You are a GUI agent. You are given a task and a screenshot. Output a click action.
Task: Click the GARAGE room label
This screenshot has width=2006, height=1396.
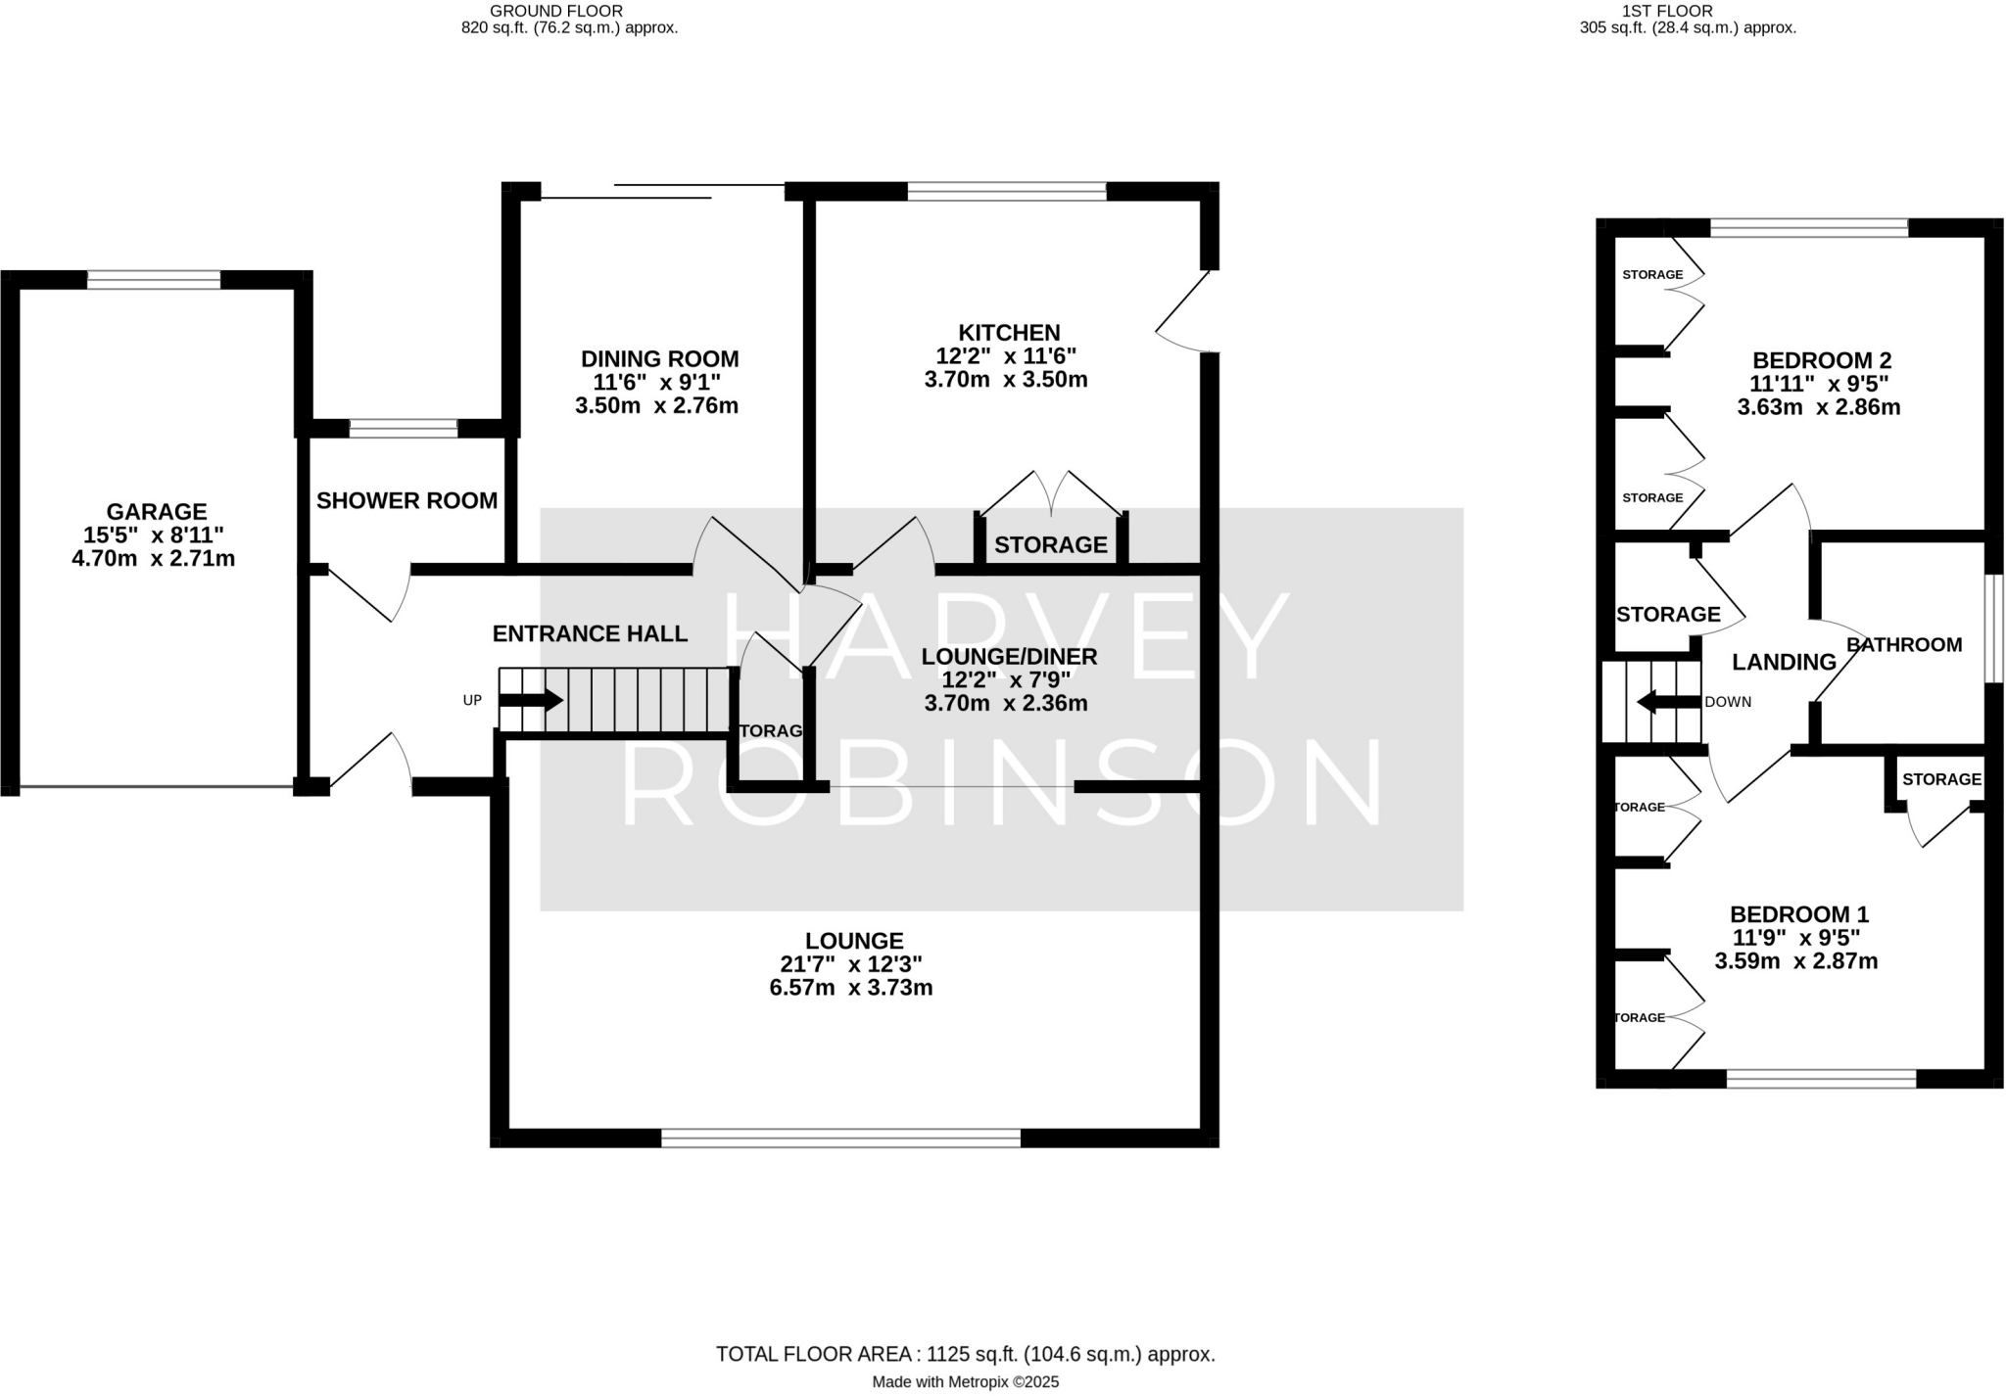click(x=157, y=511)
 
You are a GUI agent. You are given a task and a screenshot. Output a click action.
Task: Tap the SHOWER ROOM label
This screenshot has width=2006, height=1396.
click(x=406, y=501)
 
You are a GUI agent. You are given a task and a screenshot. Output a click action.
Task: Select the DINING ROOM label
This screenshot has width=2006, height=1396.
click(x=659, y=359)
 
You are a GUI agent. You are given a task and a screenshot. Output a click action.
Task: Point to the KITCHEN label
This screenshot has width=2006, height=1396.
click(x=1009, y=333)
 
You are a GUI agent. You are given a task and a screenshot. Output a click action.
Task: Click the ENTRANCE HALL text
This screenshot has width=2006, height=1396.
click(x=590, y=633)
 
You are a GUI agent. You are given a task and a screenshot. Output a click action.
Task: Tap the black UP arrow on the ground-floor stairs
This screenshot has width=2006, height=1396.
click(x=531, y=700)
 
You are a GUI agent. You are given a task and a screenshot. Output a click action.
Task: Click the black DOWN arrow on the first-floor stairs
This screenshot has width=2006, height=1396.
click(x=1668, y=701)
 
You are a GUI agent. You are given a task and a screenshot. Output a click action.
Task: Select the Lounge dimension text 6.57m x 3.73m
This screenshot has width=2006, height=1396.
click(x=850, y=988)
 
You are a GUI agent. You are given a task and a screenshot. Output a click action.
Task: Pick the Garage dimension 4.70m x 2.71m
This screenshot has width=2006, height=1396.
click(x=154, y=559)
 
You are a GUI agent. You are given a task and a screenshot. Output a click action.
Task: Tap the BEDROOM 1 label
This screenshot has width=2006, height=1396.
click(x=1799, y=914)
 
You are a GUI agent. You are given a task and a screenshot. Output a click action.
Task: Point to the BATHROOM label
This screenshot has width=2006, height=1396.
click(x=1903, y=644)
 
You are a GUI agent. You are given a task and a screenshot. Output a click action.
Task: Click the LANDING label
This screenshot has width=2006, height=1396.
click(x=1784, y=663)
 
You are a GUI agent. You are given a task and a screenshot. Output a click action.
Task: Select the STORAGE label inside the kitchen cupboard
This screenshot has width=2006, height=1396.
click(x=1050, y=544)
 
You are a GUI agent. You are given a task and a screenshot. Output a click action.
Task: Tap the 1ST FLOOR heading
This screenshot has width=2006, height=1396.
click(x=1687, y=11)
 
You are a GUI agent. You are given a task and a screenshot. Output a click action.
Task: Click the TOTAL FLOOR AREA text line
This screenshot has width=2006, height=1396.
click(x=965, y=1354)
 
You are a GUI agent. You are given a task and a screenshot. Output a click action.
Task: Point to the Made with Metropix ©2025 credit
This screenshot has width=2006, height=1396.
click(x=965, y=1382)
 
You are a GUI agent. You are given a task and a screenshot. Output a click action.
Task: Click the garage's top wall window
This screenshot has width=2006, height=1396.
click(x=154, y=280)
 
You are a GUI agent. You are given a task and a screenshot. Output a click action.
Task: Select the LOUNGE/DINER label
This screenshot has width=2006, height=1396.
click(x=1009, y=657)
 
